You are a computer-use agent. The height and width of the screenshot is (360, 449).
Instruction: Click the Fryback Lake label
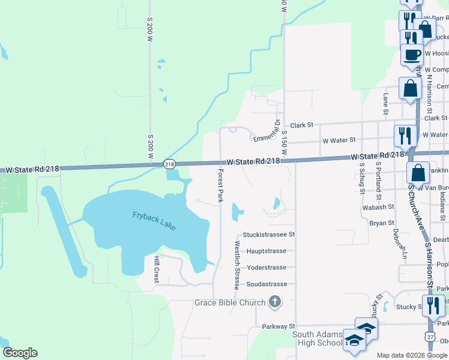click(155, 220)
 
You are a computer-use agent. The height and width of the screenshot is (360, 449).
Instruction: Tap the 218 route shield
click(169, 164)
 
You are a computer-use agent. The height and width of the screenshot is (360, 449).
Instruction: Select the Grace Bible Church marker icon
click(275, 302)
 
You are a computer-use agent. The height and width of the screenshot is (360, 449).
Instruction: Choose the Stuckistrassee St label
click(269, 235)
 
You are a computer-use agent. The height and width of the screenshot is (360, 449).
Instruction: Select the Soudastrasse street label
click(263, 284)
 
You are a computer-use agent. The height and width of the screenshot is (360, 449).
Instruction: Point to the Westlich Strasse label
click(237, 266)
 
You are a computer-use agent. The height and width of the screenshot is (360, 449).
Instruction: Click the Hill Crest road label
click(156, 269)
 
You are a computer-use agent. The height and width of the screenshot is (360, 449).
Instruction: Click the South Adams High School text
click(317, 338)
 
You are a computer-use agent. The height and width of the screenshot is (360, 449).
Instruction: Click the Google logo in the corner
click(20, 353)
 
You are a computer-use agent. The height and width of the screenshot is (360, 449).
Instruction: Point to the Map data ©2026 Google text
click(412, 356)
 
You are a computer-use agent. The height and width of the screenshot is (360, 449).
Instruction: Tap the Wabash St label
click(378, 206)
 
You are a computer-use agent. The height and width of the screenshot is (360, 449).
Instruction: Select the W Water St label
click(339, 140)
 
